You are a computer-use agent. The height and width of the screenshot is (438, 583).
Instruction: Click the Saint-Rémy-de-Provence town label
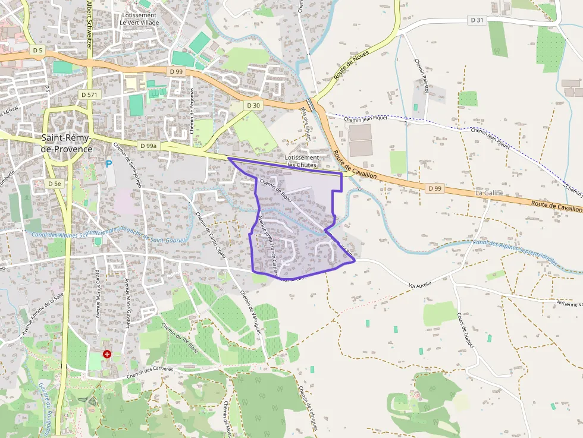(x=67, y=143)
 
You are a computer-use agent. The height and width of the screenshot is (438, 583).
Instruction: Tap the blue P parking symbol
(x=109, y=163)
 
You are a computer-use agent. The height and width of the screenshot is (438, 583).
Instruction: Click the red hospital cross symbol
(x=107, y=354)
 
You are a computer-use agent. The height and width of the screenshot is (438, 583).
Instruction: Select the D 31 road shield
(x=477, y=20)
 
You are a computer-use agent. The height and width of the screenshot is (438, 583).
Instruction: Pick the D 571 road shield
(x=90, y=94)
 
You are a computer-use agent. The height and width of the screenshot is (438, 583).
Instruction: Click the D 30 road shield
(x=253, y=105)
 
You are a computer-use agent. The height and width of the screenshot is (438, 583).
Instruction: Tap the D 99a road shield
(x=148, y=146)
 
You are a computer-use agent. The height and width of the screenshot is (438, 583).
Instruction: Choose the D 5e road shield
(x=54, y=184)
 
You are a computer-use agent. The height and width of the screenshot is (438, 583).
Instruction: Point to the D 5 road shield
(x=37, y=51)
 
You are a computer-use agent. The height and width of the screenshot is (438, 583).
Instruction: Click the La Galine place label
(x=489, y=193)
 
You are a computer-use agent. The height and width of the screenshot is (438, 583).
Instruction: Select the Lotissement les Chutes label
(x=302, y=161)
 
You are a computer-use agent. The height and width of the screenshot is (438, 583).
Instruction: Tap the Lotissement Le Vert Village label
(x=138, y=18)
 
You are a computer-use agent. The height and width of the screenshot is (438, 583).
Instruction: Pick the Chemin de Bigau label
(x=275, y=191)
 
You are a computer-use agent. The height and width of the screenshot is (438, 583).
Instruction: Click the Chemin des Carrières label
(x=150, y=373)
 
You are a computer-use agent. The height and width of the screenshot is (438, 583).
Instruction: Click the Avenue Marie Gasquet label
(x=127, y=303)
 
